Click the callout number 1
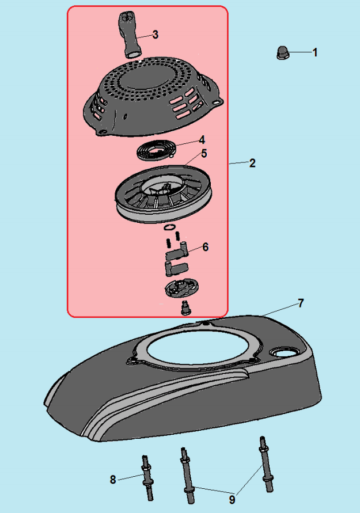click(315, 52)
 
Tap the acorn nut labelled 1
click(282, 52)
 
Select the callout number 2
click(252, 164)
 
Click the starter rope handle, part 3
click(130, 35)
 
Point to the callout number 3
click(155, 35)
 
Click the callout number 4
click(202, 140)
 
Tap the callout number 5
click(204, 154)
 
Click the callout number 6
click(205, 247)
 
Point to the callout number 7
click(301, 303)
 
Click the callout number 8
click(113, 480)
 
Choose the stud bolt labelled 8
click(147, 478)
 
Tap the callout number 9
click(232, 500)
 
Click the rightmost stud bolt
click(266, 463)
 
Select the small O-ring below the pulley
click(169, 227)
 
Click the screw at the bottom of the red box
click(185, 308)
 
